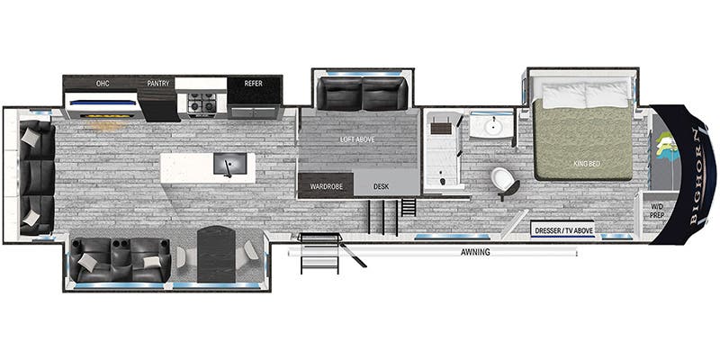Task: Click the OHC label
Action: [103, 84]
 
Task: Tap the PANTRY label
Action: [158, 84]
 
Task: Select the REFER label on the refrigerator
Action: [254, 84]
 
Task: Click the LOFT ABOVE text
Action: [357, 139]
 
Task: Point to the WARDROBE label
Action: [326, 186]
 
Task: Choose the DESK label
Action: [381, 186]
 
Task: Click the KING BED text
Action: [587, 164]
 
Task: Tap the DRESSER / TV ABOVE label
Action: [564, 230]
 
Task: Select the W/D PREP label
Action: [658, 211]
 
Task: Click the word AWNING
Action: [475, 252]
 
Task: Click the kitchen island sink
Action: [230, 164]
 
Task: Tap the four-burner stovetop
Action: [202, 103]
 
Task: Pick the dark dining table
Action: [216, 255]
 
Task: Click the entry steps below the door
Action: [320, 253]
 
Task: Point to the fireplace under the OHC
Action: [103, 105]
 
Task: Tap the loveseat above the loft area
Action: [363, 94]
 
